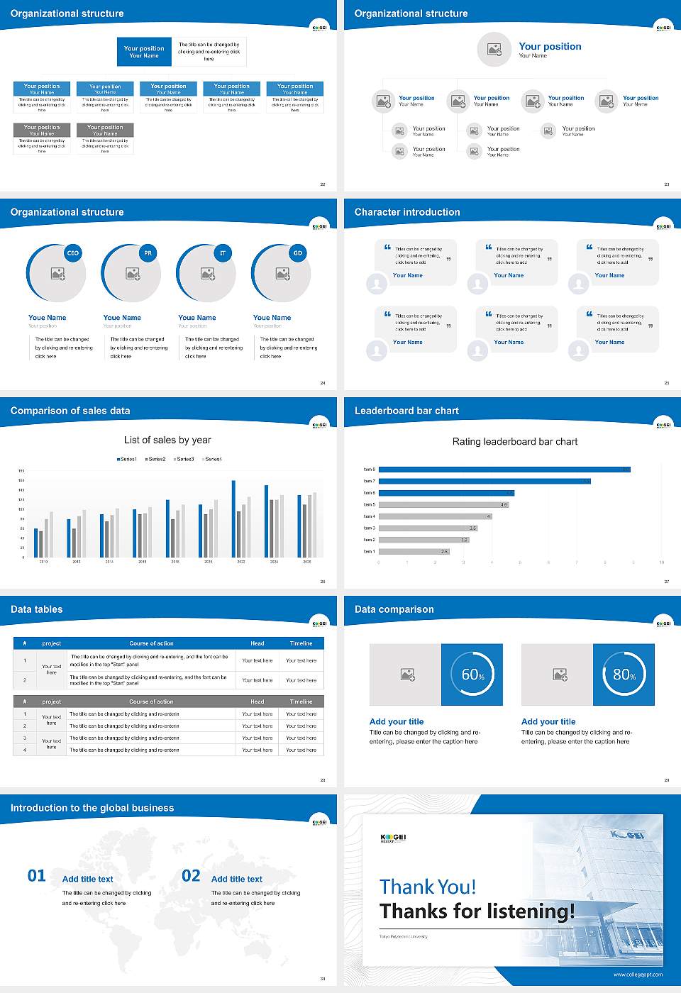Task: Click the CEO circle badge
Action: (x=72, y=253)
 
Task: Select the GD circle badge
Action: (x=298, y=253)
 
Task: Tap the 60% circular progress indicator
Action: (x=472, y=675)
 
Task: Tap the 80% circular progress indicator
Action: (x=624, y=675)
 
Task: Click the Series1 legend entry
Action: (x=127, y=459)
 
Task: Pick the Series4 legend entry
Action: (x=212, y=459)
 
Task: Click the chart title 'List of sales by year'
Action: (x=167, y=440)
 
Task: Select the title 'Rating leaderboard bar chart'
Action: (x=515, y=441)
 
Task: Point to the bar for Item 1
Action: (x=414, y=551)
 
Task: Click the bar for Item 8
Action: (x=504, y=470)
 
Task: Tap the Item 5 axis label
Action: (x=370, y=504)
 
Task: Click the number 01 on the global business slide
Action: (x=37, y=876)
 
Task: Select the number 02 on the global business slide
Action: (x=191, y=876)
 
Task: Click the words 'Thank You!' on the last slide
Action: (x=428, y=887)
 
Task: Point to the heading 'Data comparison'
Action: (x=394, y=609)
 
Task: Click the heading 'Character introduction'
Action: (x=407, y=212)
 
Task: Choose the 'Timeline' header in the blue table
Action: (x=301, y=643)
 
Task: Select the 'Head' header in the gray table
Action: (x=257, y=701)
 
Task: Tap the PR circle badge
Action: (x=148, y=253)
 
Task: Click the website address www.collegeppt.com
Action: (x=638, y=975)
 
